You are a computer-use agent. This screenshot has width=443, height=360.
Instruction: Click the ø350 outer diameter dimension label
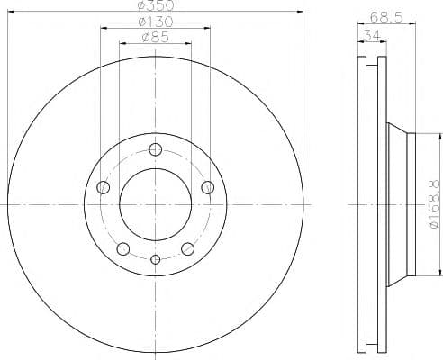[156, 6]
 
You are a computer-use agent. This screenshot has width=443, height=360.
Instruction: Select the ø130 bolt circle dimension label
[156, 22]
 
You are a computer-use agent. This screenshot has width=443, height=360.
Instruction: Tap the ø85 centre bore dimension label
[156, 37]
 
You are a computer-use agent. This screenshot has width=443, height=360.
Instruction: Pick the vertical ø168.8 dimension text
[435, 204]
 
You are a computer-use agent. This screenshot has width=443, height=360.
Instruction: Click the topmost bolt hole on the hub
[156, 149]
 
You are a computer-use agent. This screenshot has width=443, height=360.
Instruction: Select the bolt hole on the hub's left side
[104, 187]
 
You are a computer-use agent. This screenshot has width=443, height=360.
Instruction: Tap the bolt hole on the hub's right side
[208, 187]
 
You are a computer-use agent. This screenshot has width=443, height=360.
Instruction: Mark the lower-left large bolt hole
[124, 248]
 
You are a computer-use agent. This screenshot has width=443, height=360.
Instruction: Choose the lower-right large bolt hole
[187, 248]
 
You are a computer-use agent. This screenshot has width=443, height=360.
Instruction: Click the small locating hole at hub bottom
[156, 260]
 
